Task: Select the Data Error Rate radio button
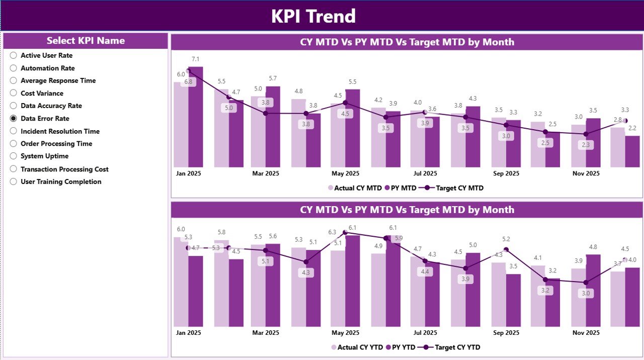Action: point(14,119)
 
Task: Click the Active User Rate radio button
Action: point(14,55)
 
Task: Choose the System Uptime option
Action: point(14,156)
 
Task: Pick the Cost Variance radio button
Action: point(14,93)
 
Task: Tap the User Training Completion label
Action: point(61,182)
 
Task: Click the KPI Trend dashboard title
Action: point(313,16)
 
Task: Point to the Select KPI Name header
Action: point(86,41)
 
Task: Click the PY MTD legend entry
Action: point(400,188)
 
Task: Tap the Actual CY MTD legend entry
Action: point(355,188)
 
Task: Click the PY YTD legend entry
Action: point(401,347)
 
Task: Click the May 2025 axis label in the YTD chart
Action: point(345,333)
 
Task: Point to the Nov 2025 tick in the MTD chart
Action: point(586,173)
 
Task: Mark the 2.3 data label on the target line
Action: point(585,145)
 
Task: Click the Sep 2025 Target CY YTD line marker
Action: point(506,249)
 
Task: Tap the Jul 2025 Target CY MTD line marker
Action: point(425,112)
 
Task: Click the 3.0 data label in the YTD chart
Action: point(585,294)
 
